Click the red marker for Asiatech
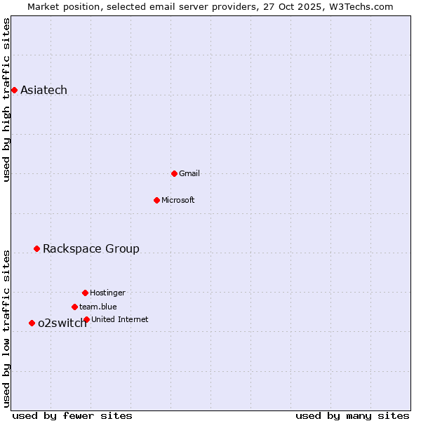click(14, 90)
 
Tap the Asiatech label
click(44, 90)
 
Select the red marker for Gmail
click(174, 173)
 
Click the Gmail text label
click(190, 173)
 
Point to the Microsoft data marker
click(156, 200)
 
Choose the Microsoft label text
click(178, 200)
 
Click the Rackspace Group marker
click(36, 248)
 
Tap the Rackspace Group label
click(91, 248)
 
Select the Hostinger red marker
click(85, 293)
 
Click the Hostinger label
click(107, 293)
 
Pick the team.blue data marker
click(74, 307)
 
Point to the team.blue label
click(98, 307)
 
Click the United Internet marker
click(86, 319)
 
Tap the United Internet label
click(120, 319)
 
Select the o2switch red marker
click(32, 323)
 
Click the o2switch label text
click(62, 323)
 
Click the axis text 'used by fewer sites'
click(72, 415)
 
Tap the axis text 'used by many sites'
click(352, 415)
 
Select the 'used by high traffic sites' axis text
click(6, 100)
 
